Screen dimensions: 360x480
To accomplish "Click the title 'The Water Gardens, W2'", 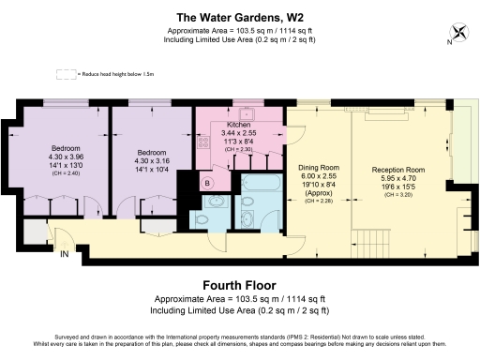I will point(239,16).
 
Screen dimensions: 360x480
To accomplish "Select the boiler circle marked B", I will point(208,182).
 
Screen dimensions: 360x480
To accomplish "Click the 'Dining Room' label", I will point(319,168).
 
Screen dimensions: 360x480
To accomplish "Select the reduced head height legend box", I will point(66,73).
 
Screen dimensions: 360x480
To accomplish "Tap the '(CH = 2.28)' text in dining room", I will point(319,200).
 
